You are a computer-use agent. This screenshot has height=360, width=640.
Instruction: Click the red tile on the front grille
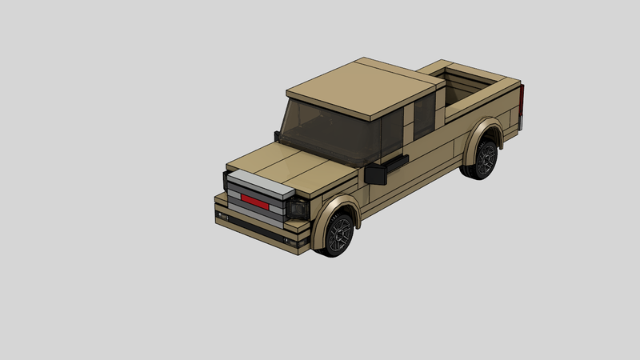(x=255, y=200)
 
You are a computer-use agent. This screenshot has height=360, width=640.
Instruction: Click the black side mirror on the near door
(x=375, y=175)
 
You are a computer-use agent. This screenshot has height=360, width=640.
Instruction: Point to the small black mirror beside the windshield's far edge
(x=278, y=135)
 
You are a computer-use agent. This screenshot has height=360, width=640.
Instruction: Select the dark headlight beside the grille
(x=299, y=209)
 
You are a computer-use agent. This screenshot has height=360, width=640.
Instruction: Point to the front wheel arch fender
(x=332, y=210)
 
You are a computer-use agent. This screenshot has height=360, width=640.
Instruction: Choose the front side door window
(x=392, y=132)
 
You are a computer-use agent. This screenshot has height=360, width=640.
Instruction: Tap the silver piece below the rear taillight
(x=522, y=122)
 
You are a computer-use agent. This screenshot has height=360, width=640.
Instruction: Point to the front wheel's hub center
(x=339, y=233)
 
